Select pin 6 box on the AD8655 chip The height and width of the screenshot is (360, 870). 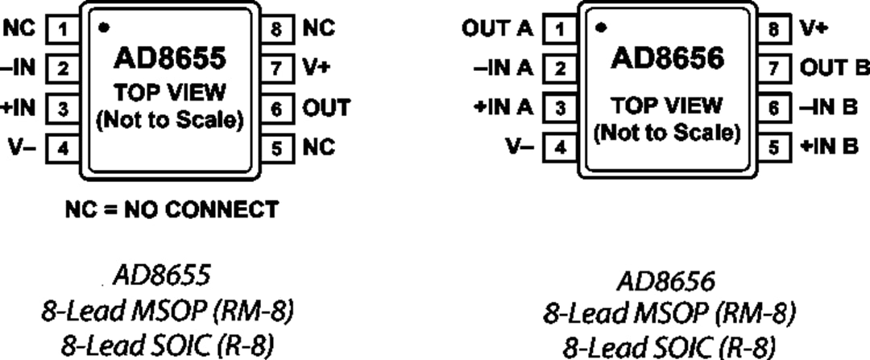(x=276, y=109)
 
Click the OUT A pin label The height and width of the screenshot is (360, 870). (x=497, y=30)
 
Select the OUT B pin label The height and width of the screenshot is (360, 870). (x=834, y=69)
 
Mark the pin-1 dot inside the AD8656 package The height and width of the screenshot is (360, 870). (x=601, y=27)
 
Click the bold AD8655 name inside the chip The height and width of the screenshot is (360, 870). (x=170, y=60)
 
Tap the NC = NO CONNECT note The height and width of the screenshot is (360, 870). (x=171, y=210)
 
